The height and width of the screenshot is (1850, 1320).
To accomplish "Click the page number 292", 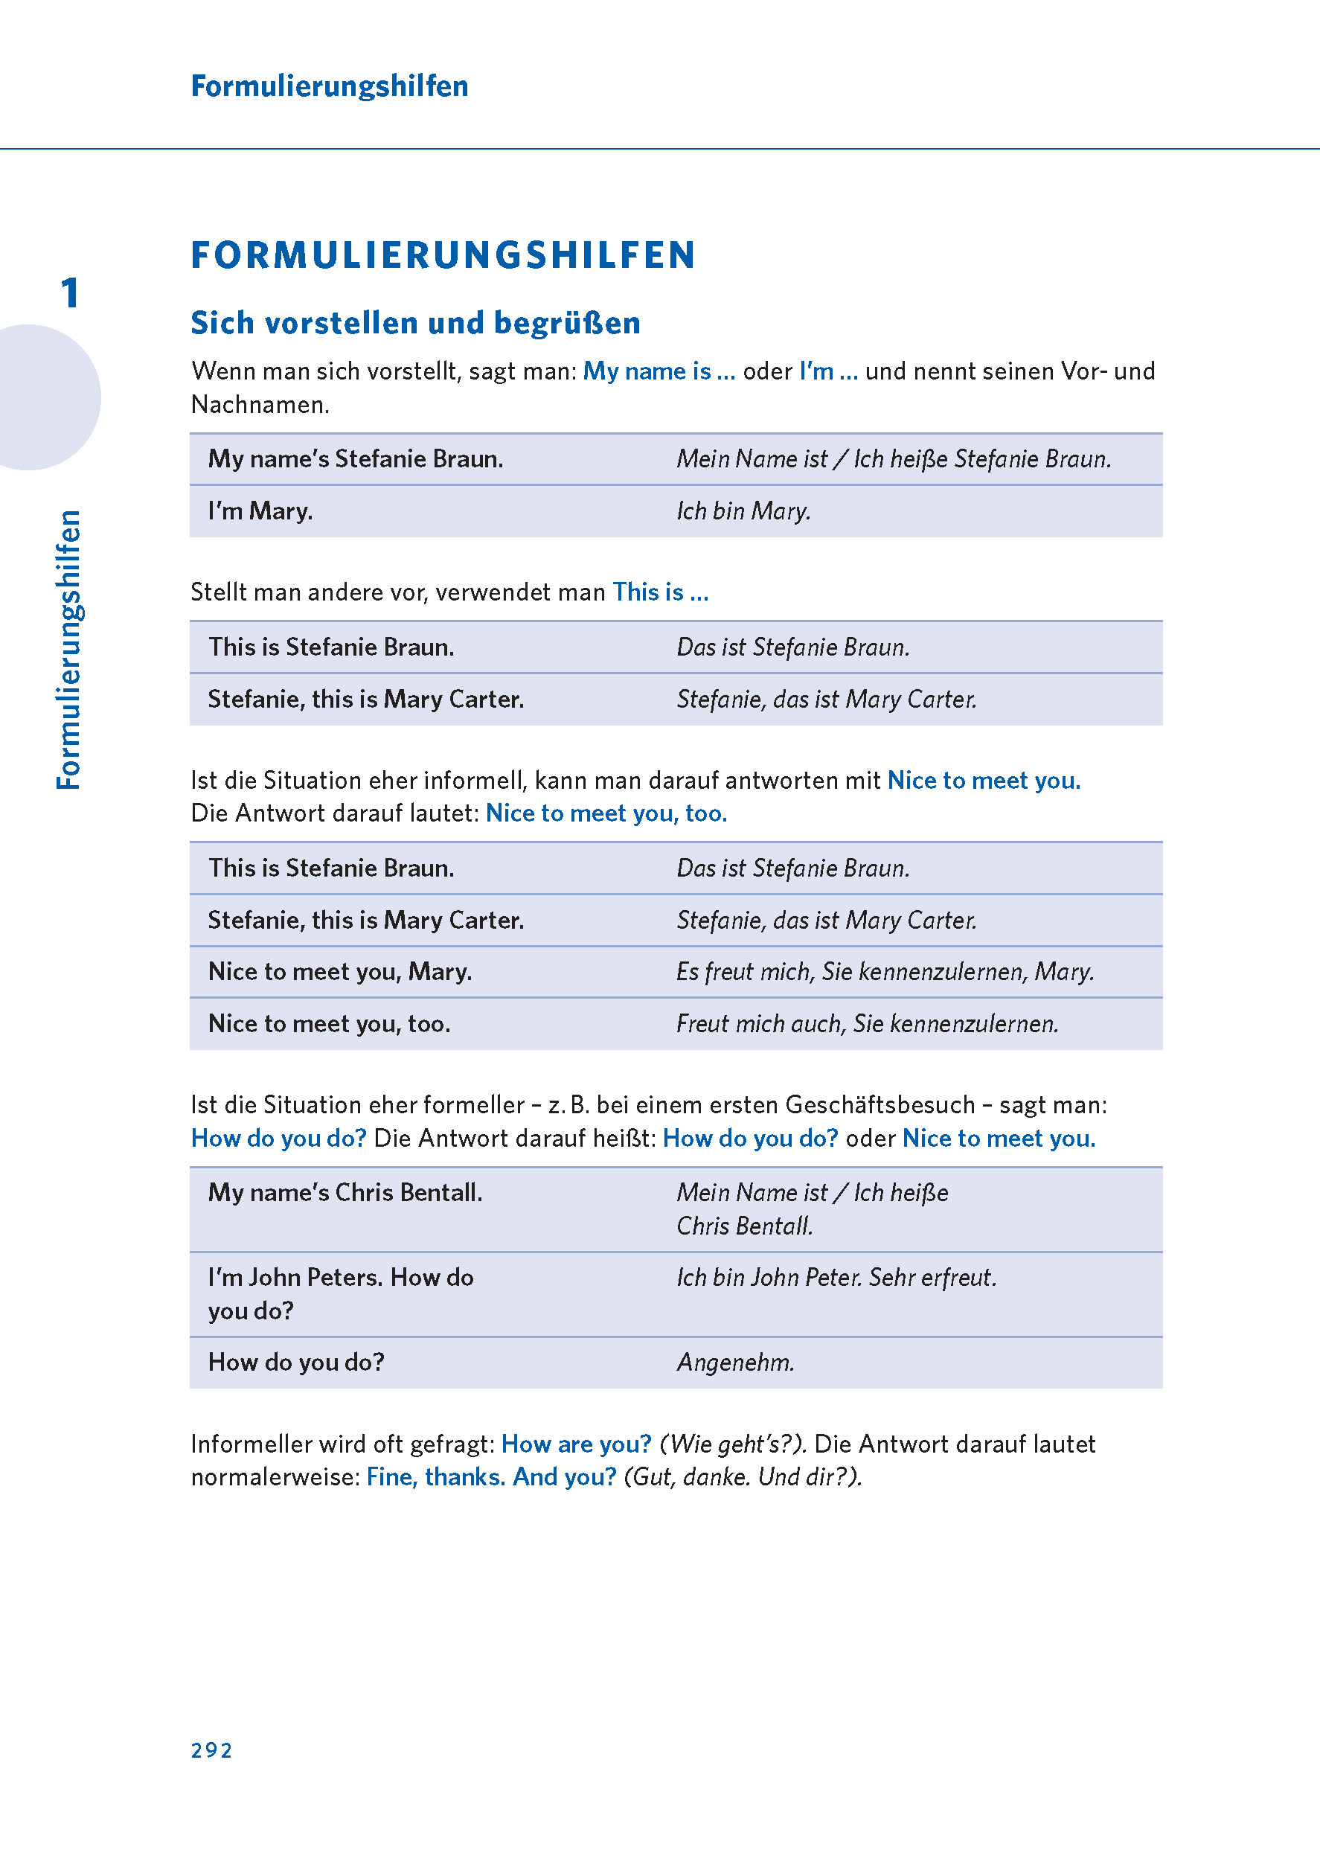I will pyautogui.click(x=211, y=1750).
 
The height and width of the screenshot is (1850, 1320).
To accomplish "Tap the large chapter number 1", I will pyautogui.click(x=70, y=292).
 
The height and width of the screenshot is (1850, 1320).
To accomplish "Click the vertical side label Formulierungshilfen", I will pyautogui.click(x=69, y=650).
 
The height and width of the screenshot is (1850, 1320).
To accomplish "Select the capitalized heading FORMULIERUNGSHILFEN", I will pyautogui.click(x=443, y=255).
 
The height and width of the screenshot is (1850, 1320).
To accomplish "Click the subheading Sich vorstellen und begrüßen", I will pyautogui.click(x=415, y=323).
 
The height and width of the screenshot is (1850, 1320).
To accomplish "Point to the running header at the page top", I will pyautogui.click(x=329, y=86).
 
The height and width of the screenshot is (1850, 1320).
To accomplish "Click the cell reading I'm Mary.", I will pyautogui.click(x=260, y=511).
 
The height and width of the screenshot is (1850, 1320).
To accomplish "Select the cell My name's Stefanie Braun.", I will pyautogui.click(x=355, y=459).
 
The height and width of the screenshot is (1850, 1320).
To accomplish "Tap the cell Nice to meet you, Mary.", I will pyautogui.click(x=340, y=972).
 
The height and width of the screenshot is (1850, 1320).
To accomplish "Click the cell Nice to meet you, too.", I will pyautogui.click(x=329, y=1024).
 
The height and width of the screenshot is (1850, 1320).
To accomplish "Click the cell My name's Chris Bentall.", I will pyautogui.click(x=345, y=1192).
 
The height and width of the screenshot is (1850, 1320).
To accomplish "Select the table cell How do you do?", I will pyautogui.click(x=296, y=1363).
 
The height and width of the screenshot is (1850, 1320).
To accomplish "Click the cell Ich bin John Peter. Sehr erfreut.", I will pyautogui.click(x=836, y=1278).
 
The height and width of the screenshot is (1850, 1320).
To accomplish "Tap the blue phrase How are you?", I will pyautogui.click(x=576, y=1444).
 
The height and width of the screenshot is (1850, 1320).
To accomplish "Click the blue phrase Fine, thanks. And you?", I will pyautogui.click(x=491, y=1477).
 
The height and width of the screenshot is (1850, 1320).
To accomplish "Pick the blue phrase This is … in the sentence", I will pyautogui.click(x=660, y=592).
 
